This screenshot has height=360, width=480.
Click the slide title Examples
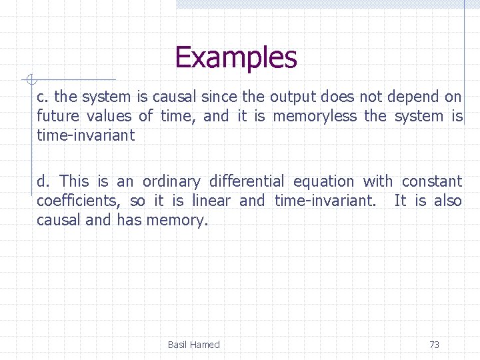click(235, 57)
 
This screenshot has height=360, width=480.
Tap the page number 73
click(434, 345)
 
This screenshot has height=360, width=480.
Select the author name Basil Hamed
click(193, 345)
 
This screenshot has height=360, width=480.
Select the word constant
click(431, 181)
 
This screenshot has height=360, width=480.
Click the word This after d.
click(74, 181)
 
